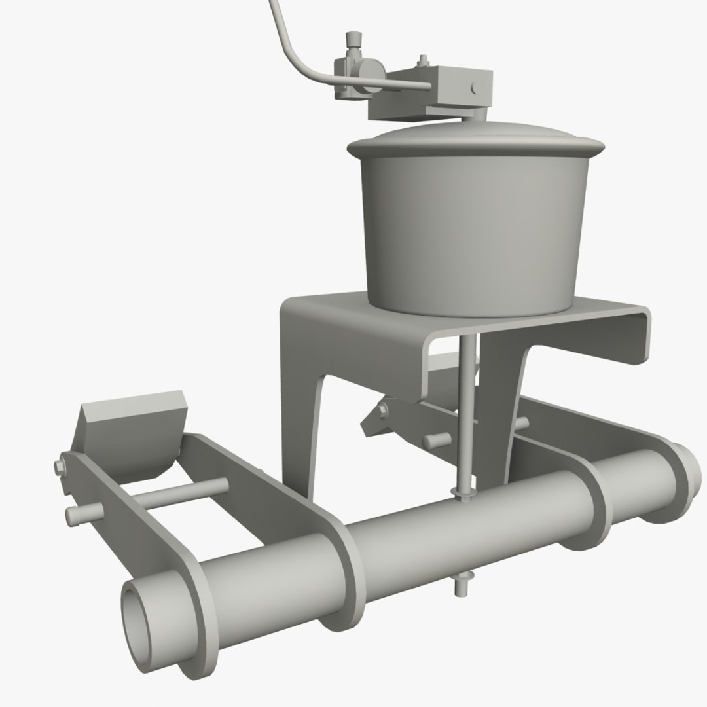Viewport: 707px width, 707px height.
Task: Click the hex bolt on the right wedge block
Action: pos(382,410)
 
